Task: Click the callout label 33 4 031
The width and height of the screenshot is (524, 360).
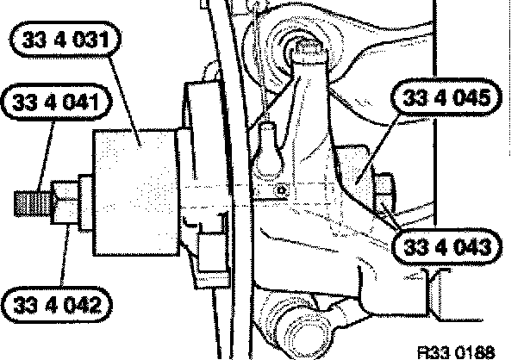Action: click(65, 40)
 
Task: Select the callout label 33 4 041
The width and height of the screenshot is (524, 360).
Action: click(55, 102)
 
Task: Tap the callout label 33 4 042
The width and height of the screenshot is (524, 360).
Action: click(57, 305)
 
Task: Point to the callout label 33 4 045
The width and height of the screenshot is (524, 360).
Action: click(446, 98)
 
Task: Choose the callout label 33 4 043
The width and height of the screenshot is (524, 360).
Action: click(446, 247)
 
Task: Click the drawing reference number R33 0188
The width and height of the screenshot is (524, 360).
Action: click(457, 352)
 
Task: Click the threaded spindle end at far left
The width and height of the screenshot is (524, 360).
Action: click(33, 203)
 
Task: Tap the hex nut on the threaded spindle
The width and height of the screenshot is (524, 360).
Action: click(65, 202)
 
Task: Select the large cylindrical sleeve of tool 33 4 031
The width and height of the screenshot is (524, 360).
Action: click(135, 193)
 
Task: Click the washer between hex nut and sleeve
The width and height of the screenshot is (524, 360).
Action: click(85, 202)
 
